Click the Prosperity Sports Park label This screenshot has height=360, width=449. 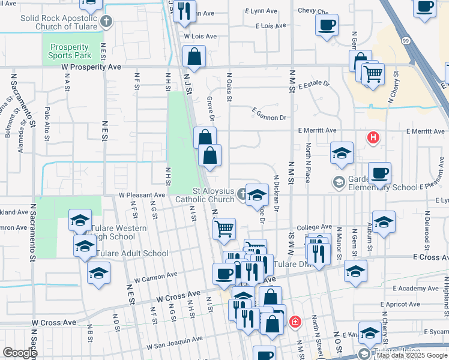[x=70, y=51]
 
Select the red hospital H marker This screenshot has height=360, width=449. [x=373, y=138]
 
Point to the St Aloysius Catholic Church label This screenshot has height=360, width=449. [x=205, y=194]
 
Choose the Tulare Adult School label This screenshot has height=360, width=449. [x=133, y=253]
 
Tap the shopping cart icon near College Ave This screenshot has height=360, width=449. [x=224, y=228]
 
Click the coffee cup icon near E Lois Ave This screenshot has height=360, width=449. [x=327, y=25]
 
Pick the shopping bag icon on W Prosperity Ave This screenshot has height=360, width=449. [x=194, y=58]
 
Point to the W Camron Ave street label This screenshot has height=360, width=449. [x=155, y=277]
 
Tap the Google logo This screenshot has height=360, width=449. [x=20, y=353]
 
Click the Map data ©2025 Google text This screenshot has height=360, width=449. [x=411, y=355]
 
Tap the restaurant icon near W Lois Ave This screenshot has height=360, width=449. [x=184, y=10]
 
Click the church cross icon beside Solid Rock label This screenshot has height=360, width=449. [x=106, y=22]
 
